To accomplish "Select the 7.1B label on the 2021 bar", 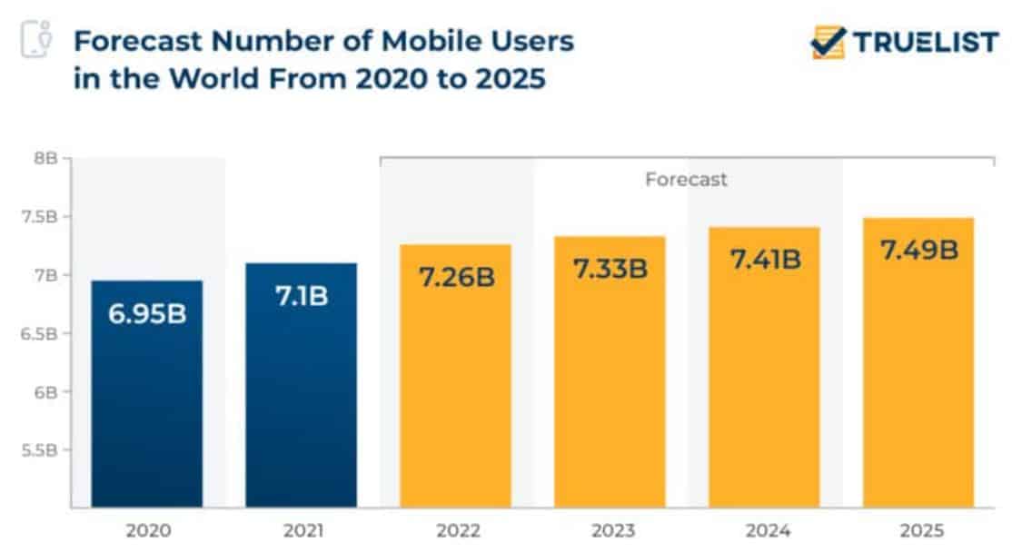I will coord(301,296).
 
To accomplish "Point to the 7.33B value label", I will coord(610,268).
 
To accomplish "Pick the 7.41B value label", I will coord(764,260).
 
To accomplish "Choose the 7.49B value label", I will coord(918,250).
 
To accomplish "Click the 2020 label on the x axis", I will coord(147,530).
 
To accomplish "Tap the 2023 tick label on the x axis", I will coord(610,530).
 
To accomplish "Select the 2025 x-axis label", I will coord(918,530).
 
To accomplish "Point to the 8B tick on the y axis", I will coord(46,158).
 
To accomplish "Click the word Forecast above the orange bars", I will coord(686,180).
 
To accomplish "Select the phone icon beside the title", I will coord(35,39).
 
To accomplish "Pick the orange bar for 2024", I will coord(764,390).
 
